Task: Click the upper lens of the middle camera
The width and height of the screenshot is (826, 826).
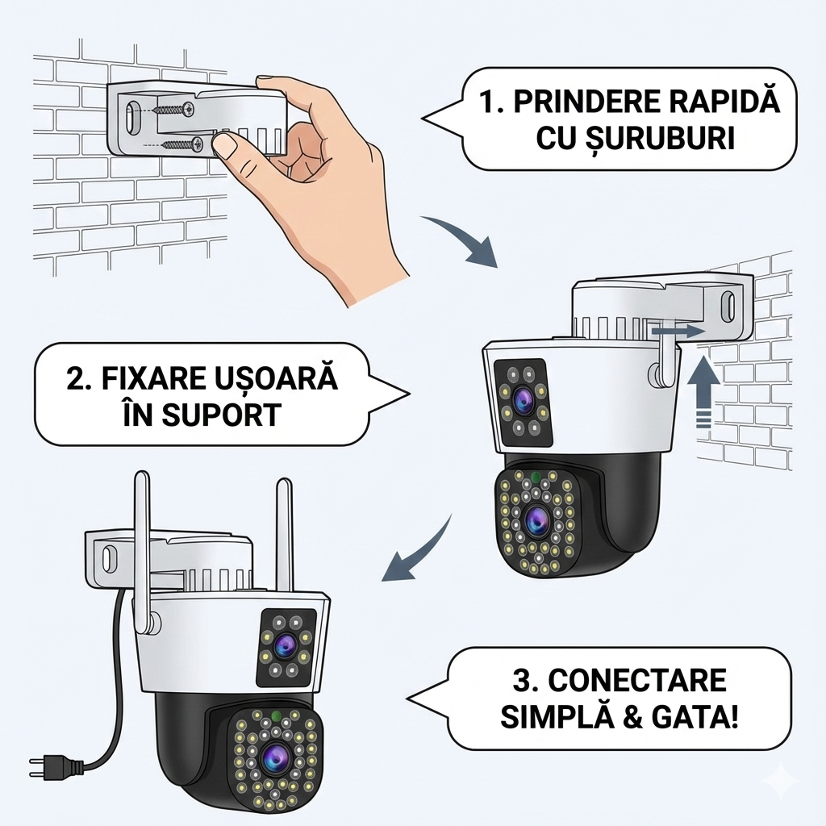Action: pyautogui.click(x=522, y=397)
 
